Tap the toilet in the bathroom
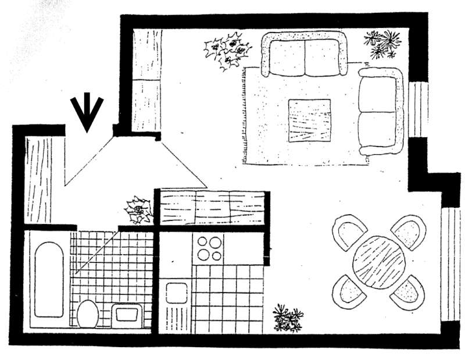pos(87,314)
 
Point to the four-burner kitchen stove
pos(209,248)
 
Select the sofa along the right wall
pos(381,111)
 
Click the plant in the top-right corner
pos(383,44)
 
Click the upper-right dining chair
pos(409,231)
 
